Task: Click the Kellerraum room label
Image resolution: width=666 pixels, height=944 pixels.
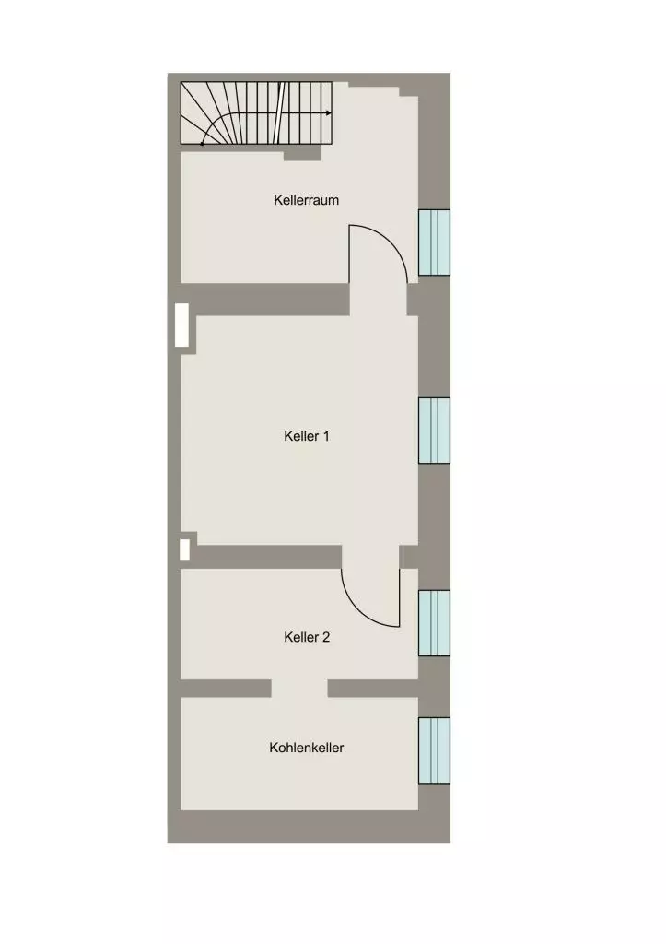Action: (306, 200)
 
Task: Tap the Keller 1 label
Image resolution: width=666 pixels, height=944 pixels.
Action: (307, 436)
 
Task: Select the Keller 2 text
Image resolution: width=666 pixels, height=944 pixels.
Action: (307, 637)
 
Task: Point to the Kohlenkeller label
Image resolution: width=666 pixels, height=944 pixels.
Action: (307, 748)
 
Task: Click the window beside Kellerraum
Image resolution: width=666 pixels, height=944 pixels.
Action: (435, 242)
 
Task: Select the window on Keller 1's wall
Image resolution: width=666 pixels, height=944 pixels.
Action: (435, 431)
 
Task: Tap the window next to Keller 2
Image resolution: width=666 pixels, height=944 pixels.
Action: (435, 623)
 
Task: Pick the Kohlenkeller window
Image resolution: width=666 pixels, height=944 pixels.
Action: (435, 750)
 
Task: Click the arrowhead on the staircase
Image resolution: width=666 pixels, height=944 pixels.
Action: (329, 112)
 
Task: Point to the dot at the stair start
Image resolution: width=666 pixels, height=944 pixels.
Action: (202, 144)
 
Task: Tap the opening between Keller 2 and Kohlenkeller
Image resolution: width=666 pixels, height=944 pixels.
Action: (299, 689)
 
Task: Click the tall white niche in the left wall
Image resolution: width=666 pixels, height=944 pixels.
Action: (181, 325)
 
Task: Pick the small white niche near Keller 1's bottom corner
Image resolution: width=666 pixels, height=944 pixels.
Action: (185, 550)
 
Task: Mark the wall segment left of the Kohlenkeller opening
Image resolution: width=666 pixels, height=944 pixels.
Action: (226, 689)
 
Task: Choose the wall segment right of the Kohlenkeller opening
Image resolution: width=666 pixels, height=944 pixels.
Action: (373, 689)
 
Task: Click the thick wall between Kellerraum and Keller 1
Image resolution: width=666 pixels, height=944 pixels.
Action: (265, 300)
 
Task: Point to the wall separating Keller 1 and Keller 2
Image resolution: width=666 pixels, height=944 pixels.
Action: (269, 557)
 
